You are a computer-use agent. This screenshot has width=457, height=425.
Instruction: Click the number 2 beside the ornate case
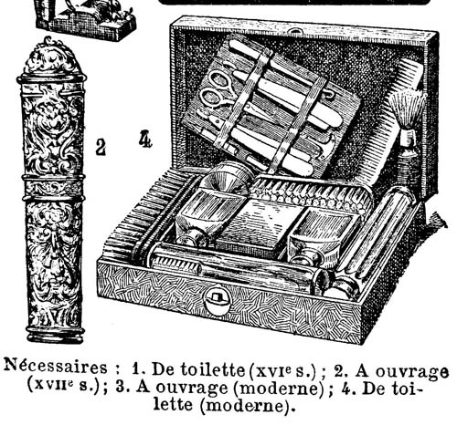(x=101, y=147)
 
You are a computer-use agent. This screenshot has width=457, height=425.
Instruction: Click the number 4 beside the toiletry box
(x=145, y=139)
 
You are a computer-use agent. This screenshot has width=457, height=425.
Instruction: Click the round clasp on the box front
(x=217, y=301)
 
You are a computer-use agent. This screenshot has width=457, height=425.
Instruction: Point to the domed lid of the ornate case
(x=50, y=57)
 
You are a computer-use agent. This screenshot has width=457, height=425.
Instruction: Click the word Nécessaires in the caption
(x=55, y=367)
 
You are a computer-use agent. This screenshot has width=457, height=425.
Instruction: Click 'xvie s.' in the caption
(x=285, y=370)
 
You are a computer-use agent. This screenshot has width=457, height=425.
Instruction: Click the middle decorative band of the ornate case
(x=54, y=187)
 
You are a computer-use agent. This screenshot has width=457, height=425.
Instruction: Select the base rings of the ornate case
(x=55, y=334)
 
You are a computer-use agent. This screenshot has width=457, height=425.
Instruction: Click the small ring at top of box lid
(x=294, y=31)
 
